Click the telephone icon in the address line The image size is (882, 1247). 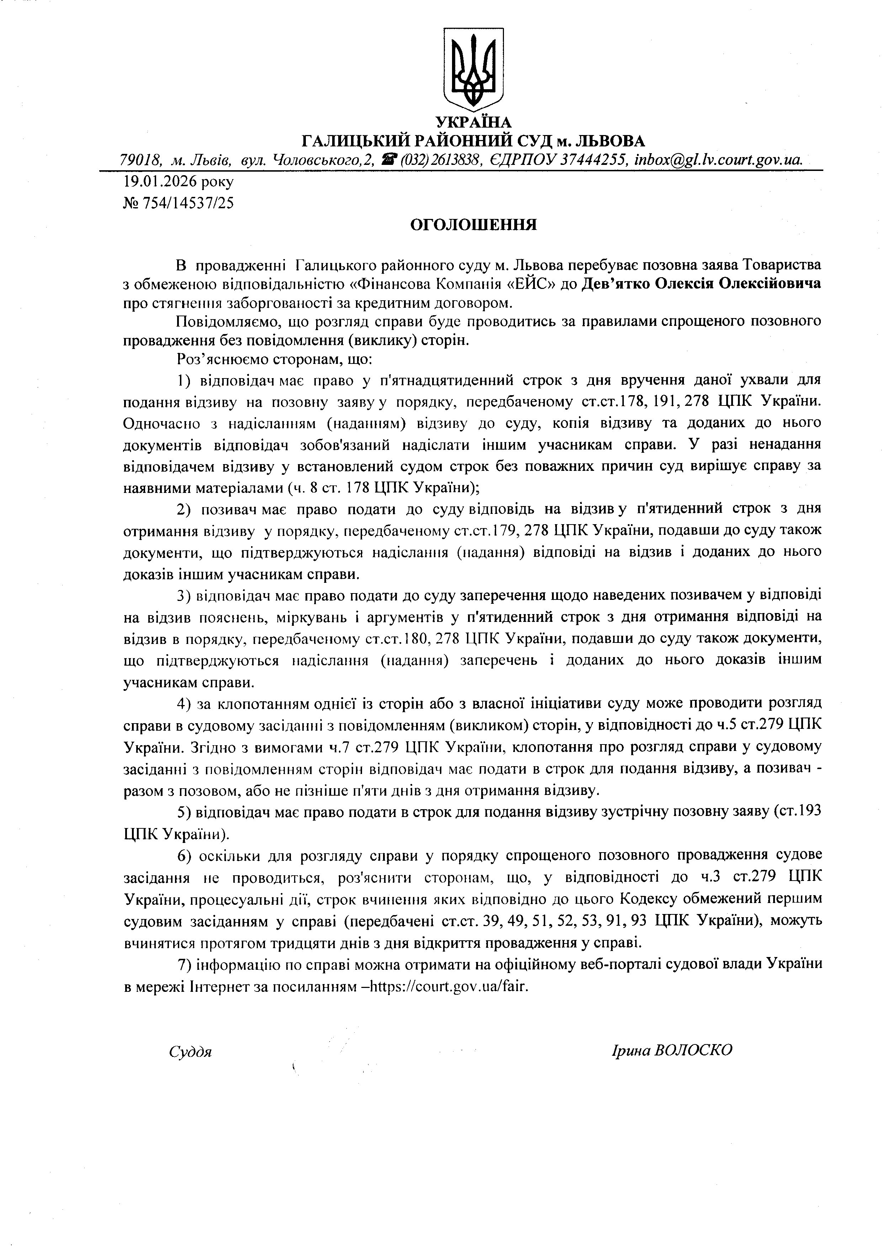coord(389,160)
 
